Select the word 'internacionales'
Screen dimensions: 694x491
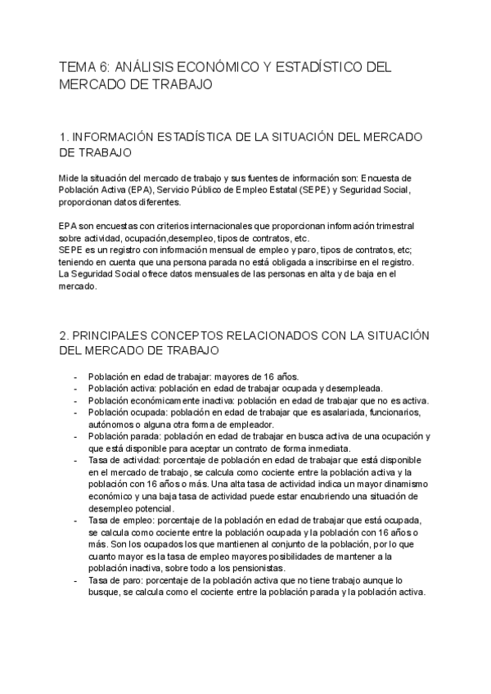pos(208,226)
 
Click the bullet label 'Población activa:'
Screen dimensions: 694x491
pos(122,388)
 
